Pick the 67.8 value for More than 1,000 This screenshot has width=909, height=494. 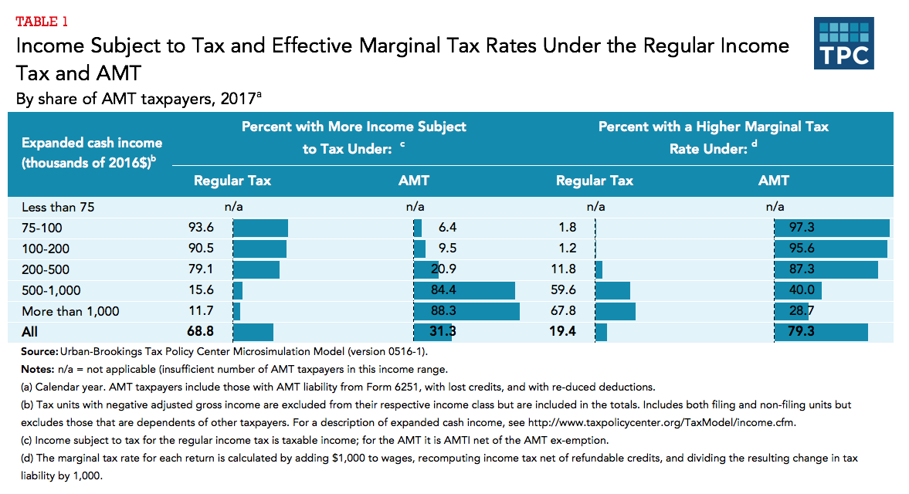tap(567, 311)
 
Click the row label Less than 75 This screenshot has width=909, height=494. tap(58, 207)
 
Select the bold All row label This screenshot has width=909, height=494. tap(29, 332)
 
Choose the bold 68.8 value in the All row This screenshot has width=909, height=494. tap(199, 332)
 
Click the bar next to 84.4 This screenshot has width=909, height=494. tap(464, 290)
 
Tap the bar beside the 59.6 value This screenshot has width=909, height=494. tap(613, 290)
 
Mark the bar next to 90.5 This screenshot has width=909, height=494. tap(259, 249)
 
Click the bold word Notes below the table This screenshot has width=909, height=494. tap(37, 369)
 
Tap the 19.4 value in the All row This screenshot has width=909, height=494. tap(566, 332)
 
